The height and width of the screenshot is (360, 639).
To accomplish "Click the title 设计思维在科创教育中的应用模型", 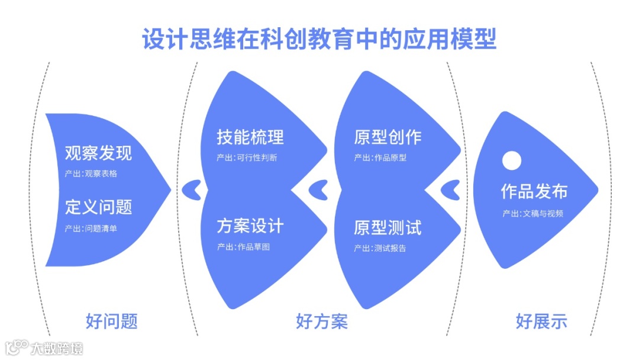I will (x=319, y=38).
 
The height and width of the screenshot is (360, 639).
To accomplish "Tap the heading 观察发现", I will (x=98, y=153).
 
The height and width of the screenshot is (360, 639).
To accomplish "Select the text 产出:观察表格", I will (x=91, y=173).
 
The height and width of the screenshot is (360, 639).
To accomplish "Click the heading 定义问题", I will (x=98, y=207).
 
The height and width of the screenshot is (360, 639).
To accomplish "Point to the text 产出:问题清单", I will (x=91, y=228).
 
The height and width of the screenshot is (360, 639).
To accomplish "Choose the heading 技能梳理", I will (x=250, y=137).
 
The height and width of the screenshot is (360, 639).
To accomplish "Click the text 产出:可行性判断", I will (x=247, y=157).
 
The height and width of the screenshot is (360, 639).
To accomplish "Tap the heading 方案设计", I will (x=250, y=226).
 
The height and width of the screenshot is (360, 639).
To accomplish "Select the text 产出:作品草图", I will (x=243, y=247).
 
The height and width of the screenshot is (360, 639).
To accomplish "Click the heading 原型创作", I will (x=388, y=137).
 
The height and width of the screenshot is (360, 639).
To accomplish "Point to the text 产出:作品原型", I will (x=380, y=157).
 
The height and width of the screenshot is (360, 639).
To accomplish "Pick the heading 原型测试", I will (x=388, y=227).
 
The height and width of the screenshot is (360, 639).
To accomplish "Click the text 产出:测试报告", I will (x=380, y=248).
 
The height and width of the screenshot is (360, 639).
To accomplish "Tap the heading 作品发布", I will (x=534, y=191).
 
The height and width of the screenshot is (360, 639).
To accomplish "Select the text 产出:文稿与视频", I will (x=533, y=213).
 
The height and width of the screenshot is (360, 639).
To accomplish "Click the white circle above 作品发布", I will (x=511, y=160).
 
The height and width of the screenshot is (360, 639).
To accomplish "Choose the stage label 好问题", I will (x=111, y=322).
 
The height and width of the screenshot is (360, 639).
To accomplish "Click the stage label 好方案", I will (x=321, y=322).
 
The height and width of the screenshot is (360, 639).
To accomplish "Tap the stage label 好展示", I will (x=541, y=322).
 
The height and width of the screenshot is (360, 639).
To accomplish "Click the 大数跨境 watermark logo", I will (x=44, y=348).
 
